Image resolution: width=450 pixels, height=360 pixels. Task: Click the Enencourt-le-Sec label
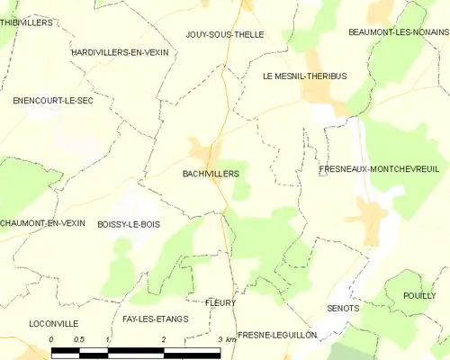coord(53,101)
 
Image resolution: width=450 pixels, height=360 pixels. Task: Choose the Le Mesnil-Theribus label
coord(304,76)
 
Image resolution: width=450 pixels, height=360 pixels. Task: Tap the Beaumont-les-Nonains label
coord(399,31)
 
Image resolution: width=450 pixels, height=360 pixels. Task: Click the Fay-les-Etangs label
coord(155,319)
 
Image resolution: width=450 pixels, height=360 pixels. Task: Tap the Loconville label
coord(54,323)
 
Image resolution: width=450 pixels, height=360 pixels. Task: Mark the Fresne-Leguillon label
coord(277,334)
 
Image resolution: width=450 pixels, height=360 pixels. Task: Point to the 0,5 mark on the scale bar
coord(79,339)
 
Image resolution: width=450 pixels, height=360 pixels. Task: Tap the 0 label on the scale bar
coord(51,339)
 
